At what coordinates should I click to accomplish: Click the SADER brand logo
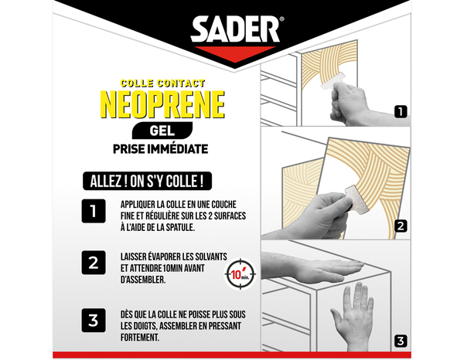point(232,31)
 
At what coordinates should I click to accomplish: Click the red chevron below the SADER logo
point(232,54)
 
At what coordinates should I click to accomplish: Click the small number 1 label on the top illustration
point(400,111)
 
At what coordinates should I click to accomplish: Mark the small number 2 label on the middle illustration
point(400,226)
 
